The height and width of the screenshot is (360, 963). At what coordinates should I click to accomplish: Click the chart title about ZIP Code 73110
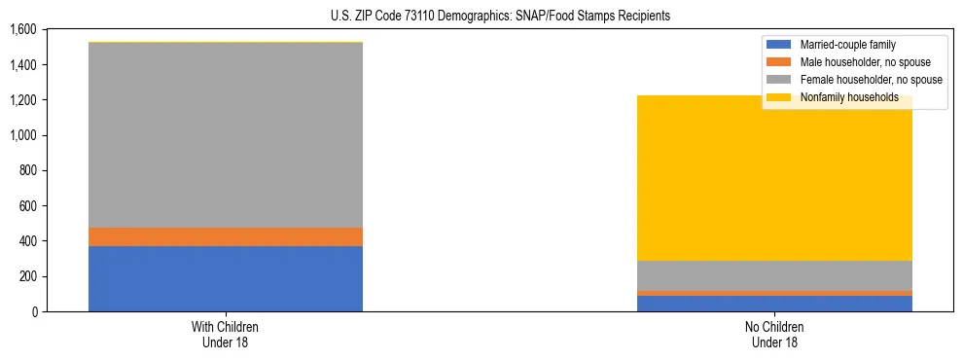click(x=481, y=17)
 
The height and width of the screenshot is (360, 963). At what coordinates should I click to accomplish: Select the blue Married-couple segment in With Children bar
click(x=226, y=278)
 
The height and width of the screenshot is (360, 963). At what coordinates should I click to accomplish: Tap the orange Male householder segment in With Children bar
click(x=226, y=236)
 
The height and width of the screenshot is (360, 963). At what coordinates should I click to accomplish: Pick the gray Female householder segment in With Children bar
click(x=226, y=135)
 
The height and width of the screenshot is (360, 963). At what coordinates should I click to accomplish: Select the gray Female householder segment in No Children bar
click(x=775, y=275)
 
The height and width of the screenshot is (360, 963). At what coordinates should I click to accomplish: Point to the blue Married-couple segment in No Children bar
click(x=775, y=304)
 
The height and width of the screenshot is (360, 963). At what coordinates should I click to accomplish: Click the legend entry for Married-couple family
click(x=847, y=45)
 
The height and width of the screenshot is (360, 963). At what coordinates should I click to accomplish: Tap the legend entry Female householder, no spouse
click(x=870, y=80)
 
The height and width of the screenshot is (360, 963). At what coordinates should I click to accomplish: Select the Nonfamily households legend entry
click(x=842, y=97)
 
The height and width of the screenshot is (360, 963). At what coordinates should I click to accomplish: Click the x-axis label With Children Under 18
click(x=226, y=335)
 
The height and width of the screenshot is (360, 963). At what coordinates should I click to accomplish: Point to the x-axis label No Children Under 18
click(x=775, y=335)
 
